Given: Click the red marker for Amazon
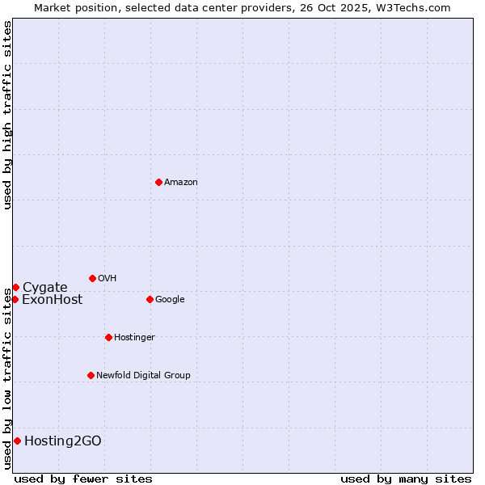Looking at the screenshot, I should [x=158, y=182].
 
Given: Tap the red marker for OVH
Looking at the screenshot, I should [x=92, y=278].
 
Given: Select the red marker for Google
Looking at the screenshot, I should [x=150, y=299].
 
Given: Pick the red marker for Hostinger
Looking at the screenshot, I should [x=108, y=337].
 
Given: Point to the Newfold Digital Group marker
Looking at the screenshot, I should [x=91, y=375].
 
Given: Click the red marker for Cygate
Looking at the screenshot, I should [x=15, y=287].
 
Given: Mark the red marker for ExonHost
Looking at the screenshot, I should [x=15, y=299].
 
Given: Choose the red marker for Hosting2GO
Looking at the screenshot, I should [x=17, y=441].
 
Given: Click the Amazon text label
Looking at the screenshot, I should [x=181, y=182].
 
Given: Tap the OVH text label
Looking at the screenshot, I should [x=108, y=278].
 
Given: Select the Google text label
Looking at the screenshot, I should [x=170, y=299].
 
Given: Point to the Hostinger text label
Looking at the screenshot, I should [x=134, y=337].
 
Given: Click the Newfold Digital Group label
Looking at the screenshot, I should [x=143, y=375].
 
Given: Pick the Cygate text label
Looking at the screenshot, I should [x=45, y=287].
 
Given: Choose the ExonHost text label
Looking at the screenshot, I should [x=52, y=299].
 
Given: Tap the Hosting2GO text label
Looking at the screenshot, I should [x=63, y=441].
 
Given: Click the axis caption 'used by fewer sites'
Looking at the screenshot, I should [x=83, y=479].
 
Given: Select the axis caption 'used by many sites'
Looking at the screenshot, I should [x=406, y=479].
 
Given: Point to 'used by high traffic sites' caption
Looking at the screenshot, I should [x=7, y=115].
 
